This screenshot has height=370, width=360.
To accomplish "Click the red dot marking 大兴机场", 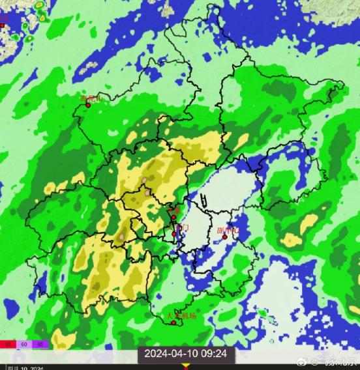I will (x=173, y=322).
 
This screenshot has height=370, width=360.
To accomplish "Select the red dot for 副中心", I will (x=225, y=237).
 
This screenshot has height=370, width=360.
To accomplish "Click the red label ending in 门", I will (x=183, y=227).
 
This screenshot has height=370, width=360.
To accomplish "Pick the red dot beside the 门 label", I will (x=174, y=233).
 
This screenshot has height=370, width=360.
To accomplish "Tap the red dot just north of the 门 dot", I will (x=173, y=218).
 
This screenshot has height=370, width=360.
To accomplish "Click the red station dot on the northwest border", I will (x=88, y=105).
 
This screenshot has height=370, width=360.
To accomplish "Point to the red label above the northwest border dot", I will (x=90, y=98).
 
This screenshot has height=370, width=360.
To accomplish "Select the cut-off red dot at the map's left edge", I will (x=2, y=25).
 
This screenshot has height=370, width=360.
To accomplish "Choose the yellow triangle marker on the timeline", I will (x=186, y=366).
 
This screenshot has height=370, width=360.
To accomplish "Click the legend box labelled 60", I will (x=24, y=343).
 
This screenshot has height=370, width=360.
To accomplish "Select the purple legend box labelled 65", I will (x=40, y=343).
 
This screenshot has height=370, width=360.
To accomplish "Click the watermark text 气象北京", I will (x=337, y=361).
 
